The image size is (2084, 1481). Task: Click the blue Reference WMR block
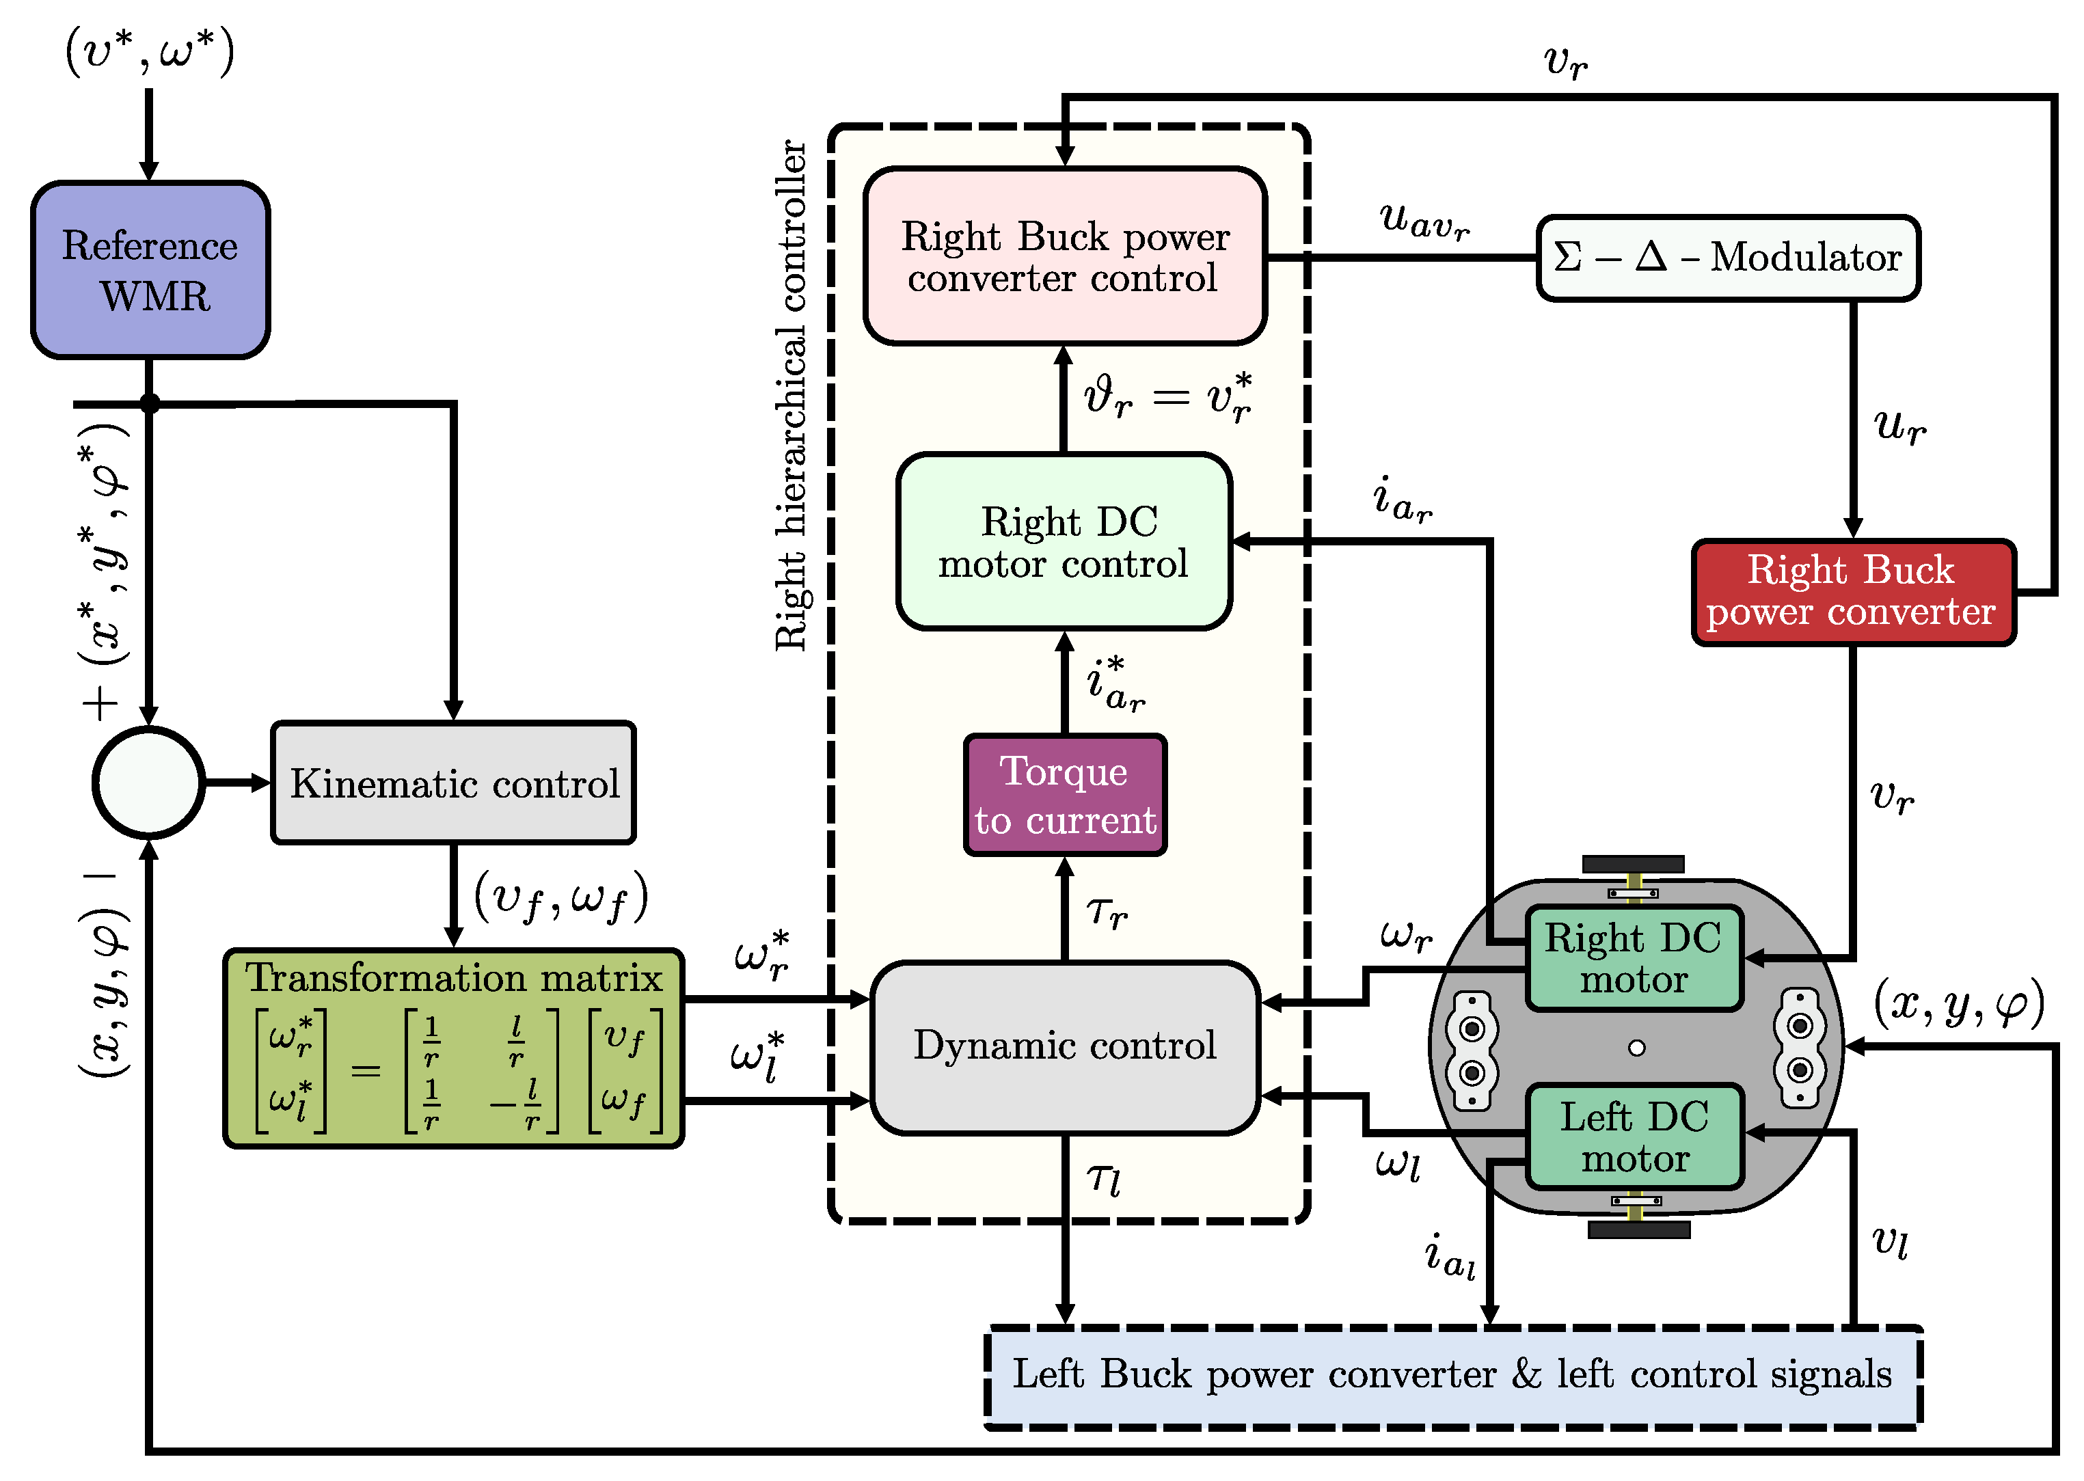click(150, 270)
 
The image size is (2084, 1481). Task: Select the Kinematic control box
click(453, 783)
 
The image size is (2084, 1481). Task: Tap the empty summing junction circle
click(148, 783)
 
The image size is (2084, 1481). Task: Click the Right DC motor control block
click(1064, 542)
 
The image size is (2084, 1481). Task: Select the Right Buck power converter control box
click(1064, 256)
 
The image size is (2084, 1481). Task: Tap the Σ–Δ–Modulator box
click(1727, 258)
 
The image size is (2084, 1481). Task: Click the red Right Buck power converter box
click(1852, 592)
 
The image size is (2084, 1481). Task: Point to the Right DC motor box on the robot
click(1634, 958)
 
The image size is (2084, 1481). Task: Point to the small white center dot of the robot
click(1636, 1048)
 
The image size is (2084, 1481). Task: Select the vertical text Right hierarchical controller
click(790, 395)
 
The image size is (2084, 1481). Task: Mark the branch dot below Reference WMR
click(150, 403)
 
